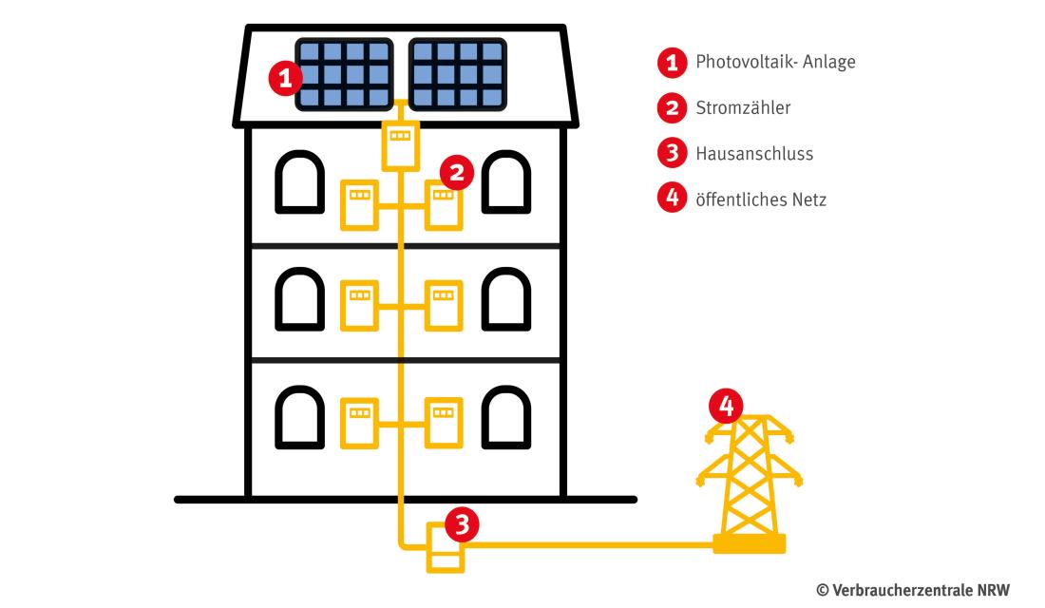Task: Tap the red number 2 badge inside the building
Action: point(457,172)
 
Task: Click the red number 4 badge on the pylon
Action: point(727,408)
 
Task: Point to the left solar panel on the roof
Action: point(344,75)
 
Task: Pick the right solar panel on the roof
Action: point(457,75)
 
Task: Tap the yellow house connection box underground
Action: point(445,548)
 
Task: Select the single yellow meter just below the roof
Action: point(400,146)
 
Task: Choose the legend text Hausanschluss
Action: point(754,153)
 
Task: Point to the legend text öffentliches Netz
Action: point(761,199)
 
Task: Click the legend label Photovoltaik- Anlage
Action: point(775,63)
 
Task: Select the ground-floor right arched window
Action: point(506,416)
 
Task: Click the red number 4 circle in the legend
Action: point(672,199)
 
